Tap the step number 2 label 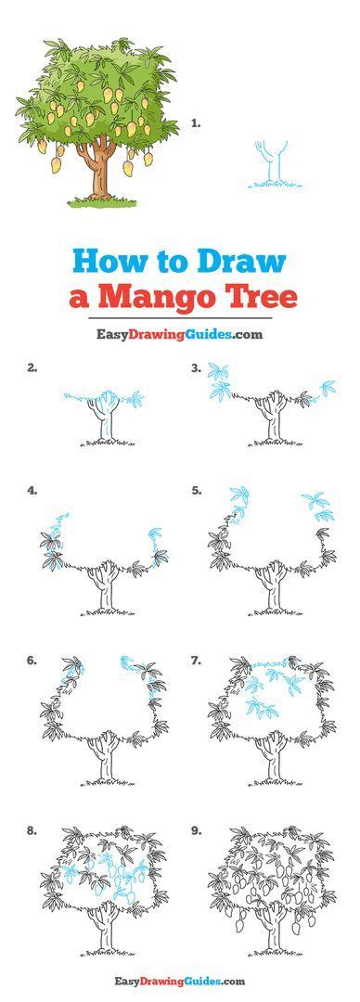[x=32, y=367]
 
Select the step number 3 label [x=197, y=367]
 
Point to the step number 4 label [x=32, y=490]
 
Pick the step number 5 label [x=197, y=490]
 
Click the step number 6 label [x=32, y=661]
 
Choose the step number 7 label [x=197, y=661]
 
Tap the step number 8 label [x=32, y=830]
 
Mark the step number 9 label [x=197, y=830]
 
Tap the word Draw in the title [x=238, y=261]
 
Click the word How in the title [x=105, y=261]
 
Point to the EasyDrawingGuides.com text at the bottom [x=179, y=981]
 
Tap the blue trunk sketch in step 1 [x=270, y=167]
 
